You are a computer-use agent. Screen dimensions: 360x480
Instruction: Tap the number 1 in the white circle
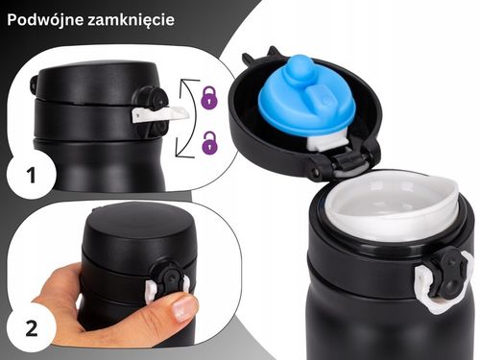pos(29,176)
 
